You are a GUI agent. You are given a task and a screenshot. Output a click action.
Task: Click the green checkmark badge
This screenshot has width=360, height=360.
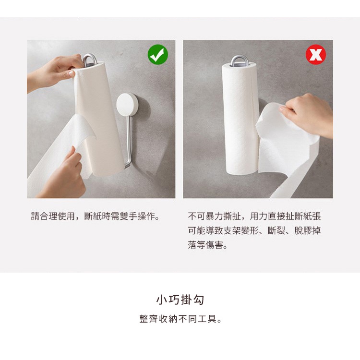158,54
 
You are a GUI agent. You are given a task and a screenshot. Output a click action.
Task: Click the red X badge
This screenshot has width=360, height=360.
316,54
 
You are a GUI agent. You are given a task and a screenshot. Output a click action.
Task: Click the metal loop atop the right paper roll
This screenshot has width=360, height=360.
239,61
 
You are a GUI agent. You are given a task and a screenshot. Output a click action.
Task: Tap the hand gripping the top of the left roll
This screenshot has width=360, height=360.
53,72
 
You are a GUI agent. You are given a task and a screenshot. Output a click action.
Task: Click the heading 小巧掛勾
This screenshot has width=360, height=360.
180,300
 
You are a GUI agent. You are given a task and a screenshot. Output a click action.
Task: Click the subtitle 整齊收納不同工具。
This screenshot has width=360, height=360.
180,319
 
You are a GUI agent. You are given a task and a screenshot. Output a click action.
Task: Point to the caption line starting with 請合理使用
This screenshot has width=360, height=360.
95,216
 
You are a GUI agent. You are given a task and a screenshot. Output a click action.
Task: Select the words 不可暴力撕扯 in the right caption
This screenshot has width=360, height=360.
214,216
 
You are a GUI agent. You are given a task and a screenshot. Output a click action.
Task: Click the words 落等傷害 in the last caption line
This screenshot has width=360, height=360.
205,245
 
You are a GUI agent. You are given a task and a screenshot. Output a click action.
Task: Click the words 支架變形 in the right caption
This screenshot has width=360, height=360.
240,230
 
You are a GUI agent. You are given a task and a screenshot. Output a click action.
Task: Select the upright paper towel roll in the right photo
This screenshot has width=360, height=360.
240,118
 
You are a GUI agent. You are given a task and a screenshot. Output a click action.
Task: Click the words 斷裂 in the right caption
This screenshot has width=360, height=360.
276,230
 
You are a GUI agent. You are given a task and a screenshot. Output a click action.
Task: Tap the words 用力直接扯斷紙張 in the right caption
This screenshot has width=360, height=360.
285,216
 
